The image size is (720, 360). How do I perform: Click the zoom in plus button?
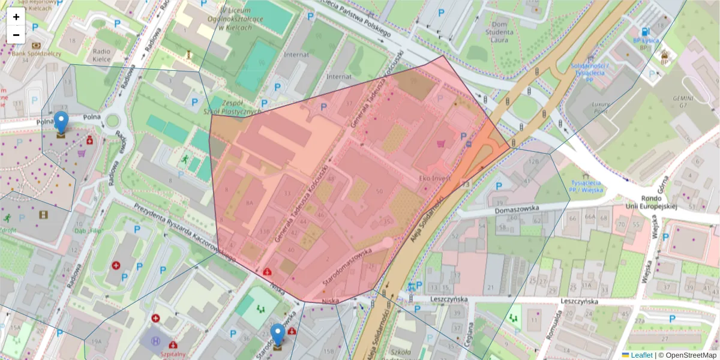16,17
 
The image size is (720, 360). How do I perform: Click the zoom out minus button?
16,35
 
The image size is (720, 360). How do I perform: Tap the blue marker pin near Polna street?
61,123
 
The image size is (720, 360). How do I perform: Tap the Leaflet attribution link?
641,355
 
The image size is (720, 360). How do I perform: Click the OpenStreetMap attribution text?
687,355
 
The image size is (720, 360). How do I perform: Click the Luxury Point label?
600,107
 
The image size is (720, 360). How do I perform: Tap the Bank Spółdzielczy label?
36,53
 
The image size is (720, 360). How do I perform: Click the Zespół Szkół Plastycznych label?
235,107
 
